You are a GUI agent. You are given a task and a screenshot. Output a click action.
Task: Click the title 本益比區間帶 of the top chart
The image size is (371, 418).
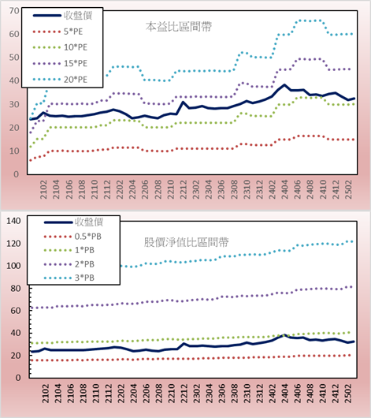[179, 27]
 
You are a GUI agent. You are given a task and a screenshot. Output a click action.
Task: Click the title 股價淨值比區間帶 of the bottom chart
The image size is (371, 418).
[186, 242]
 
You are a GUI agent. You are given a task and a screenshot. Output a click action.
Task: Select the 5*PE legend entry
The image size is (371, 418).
[58, 32]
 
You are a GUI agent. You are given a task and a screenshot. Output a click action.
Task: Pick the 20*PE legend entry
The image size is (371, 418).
[60, 80]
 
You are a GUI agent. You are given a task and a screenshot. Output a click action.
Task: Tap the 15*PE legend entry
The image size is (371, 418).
[60, 63]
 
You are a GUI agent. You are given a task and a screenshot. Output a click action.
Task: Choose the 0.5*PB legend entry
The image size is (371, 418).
[72, 237]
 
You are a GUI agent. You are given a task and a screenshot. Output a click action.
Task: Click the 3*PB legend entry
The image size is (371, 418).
[69, 278]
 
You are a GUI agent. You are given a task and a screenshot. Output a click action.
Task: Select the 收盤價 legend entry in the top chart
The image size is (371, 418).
[62, 16]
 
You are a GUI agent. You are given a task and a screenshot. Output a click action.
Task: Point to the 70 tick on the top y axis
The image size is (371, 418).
[14, 11]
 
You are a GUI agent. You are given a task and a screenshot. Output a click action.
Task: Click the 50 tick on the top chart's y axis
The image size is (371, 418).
[14, 58]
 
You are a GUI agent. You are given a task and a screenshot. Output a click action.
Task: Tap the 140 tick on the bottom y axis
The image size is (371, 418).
[13, 221]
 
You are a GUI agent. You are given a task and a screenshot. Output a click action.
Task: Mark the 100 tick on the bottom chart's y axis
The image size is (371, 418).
[13, 266]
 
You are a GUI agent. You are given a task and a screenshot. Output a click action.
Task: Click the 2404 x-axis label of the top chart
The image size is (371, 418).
[284, 189]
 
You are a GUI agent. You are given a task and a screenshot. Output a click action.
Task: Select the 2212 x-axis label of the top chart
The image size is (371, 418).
[184, 189]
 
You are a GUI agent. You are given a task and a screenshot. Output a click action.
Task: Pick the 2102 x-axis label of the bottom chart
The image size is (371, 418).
[46, 394]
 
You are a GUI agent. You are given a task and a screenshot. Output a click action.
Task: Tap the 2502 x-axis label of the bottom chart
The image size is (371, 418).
[348, 394]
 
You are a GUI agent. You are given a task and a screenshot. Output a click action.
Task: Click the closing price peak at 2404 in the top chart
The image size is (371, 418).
[284, 84]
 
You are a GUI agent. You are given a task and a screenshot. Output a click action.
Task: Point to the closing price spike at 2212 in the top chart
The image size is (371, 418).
[183, 102]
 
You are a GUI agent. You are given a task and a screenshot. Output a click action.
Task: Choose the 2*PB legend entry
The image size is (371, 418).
[69, 264]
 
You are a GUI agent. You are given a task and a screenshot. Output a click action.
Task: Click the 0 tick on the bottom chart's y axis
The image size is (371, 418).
[18, 378]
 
